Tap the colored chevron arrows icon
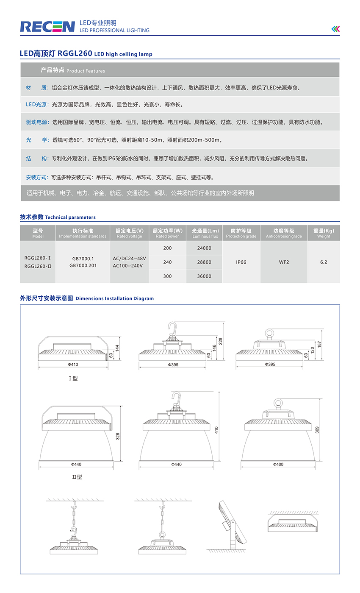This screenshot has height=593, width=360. click(x=335, y=29)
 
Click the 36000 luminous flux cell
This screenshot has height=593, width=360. click(x=204, y=276)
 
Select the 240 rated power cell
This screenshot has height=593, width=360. click(x=167, y=262)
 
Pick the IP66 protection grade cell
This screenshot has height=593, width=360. click(x=241, y=262)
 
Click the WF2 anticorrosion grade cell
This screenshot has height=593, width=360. click(x=284, y=262)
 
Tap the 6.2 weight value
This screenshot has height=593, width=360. click(x=324, y=262)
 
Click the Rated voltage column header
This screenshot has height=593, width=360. click(x=129, y=234)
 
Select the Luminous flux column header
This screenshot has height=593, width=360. click(x=204, y=234)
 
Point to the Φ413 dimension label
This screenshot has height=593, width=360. click(x=73, y=365)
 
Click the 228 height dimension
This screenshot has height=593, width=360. click(x=221, y=341)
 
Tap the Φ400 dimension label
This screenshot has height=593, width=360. click(x=278, y=465)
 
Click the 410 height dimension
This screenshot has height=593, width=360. click(x=216, y=430)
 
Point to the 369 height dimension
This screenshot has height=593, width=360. click(x=317, y=430)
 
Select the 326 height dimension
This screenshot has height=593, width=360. click(x=118, y=435)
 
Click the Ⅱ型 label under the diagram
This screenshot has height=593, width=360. click(x=77, y=477)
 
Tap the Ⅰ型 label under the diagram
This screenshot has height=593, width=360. click(x=73, y=379)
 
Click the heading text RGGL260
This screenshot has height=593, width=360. click(x=75, y=54)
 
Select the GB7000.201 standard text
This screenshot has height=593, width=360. click(x=83, y=266)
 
